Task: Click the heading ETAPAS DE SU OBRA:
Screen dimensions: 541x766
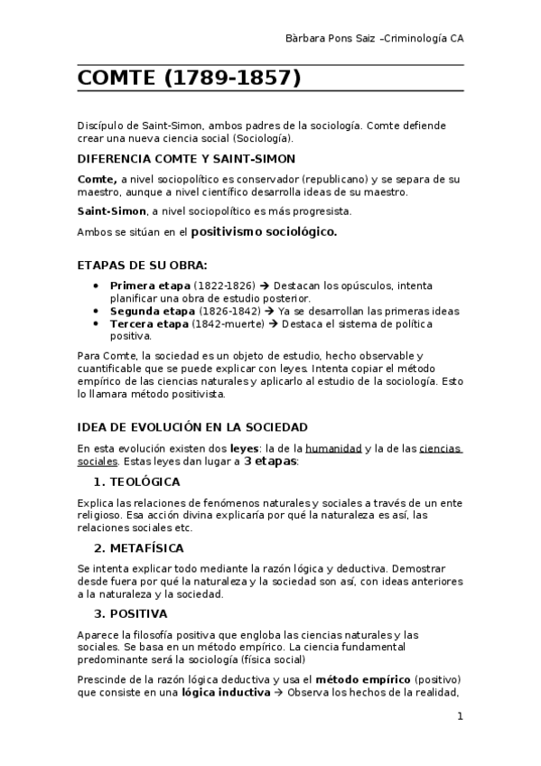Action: click(x=142, y=266)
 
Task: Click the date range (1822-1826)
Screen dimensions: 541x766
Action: click(x=223, y=285)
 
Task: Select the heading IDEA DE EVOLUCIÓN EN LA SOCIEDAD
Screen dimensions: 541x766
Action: click(x=192, y=427)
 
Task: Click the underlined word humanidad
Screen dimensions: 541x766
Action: click(x=334, y=448)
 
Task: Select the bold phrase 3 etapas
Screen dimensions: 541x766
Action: click(x=270, y=461)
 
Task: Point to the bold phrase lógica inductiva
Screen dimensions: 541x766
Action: click(x=225, y=693)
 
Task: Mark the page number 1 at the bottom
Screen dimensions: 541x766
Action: click(x=460, y=717)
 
